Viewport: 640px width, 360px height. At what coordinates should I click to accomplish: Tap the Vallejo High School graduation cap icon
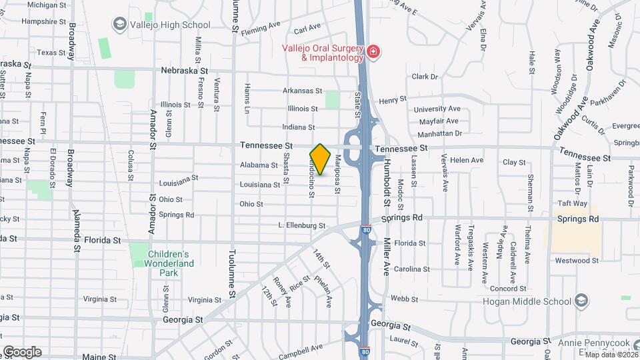point(120,25)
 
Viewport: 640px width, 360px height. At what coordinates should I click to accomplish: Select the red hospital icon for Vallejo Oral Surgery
point(373,52)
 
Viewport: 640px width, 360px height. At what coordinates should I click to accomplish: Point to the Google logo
point(22,351)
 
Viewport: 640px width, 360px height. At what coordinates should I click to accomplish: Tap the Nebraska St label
point(185,70)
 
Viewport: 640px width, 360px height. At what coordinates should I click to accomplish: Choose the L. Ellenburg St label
point(301,226)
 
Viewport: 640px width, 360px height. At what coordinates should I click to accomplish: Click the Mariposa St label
point(338,175)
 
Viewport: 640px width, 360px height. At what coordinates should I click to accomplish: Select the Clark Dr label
point(425,77)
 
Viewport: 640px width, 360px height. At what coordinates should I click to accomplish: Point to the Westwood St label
point(573,260)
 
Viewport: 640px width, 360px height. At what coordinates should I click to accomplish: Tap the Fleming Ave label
point(261,28)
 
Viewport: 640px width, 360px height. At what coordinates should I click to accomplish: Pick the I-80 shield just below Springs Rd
point(366,229)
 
